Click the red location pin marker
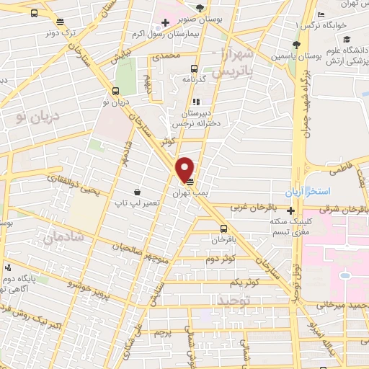coord(185,169)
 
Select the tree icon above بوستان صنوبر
coord(200,7)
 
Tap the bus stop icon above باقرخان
coord(224,229)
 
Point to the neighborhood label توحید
coord(236,299)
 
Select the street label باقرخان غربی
coord(249,207)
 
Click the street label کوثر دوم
coord(223,259)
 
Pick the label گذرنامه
coord(195,79)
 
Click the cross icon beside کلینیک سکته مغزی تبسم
coord(290,211)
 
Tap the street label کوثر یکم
coord(256,283)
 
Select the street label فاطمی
coord(339,172)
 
